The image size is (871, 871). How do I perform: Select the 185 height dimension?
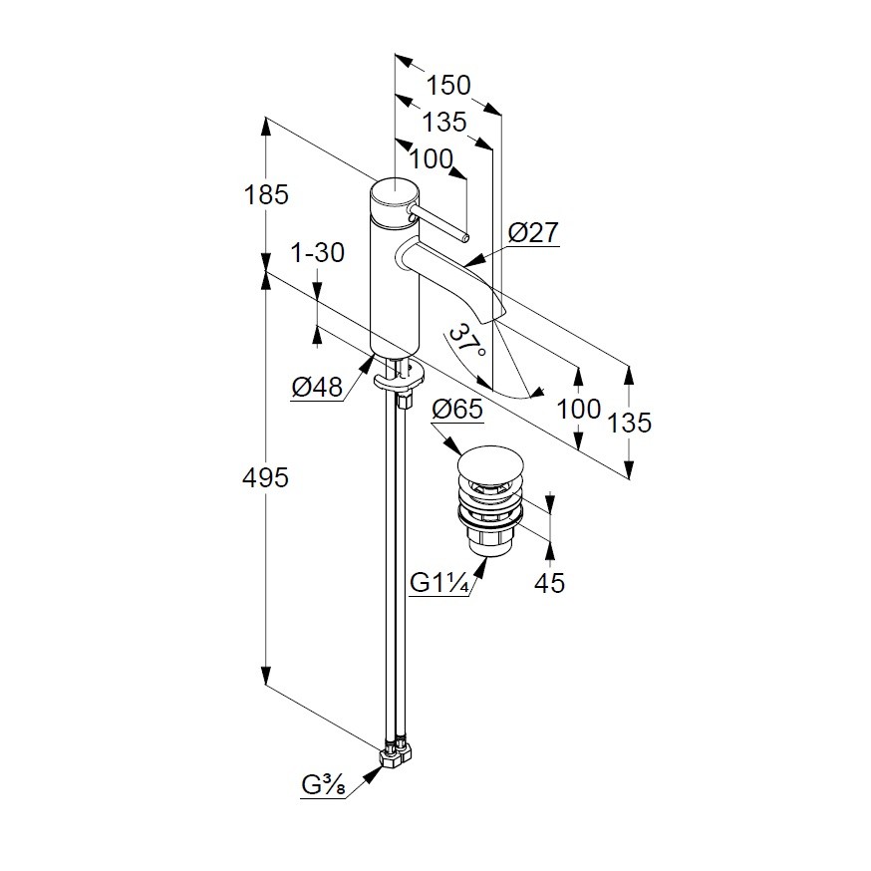(266, 194)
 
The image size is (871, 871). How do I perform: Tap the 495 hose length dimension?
(266, 478)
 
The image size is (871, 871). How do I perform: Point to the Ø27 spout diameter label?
(533, 233)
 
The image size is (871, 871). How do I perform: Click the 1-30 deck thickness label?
(317, 253)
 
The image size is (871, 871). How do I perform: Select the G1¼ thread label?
(439, 583)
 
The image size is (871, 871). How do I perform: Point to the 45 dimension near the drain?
(549, 583)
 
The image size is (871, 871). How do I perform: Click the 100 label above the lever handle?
(431, 158)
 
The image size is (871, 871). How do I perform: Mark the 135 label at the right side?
(629, 422)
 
